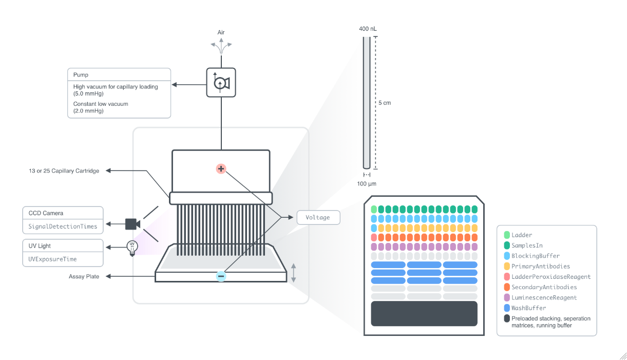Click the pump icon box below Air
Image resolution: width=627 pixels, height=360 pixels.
[221, 82]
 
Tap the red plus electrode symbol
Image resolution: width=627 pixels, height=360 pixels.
[221, 168]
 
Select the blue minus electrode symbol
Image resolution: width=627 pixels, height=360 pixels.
[221, 276]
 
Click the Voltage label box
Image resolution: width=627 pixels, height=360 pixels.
[318, 217]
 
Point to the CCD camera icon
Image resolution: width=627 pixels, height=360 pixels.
[132, 224]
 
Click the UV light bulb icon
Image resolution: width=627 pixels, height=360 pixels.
[132, 248]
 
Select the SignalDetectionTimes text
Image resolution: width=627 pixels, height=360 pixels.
[63, 226]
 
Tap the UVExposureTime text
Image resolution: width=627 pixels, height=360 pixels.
[52, 259]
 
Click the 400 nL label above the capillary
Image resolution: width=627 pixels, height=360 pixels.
[367, 29]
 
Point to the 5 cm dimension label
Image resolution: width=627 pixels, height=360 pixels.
[385, 103]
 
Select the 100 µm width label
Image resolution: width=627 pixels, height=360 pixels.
[367, 184]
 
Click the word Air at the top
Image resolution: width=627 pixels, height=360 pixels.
[221, 32]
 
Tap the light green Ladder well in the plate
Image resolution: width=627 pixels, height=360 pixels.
[374, 209]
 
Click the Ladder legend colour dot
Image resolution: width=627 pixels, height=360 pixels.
[507, 235]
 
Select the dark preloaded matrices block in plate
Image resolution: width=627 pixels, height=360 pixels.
[424, 313]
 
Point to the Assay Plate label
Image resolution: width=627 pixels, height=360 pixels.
[84, 276]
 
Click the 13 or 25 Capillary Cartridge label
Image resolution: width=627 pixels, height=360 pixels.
[64, 171]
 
